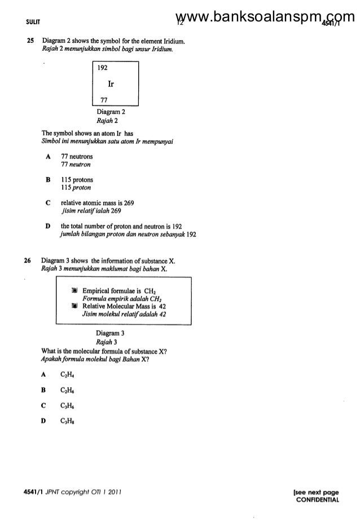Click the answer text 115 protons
77,179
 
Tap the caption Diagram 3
109,333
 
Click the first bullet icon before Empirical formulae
74,290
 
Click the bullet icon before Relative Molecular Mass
74,306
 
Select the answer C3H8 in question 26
68,421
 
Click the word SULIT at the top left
27,22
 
